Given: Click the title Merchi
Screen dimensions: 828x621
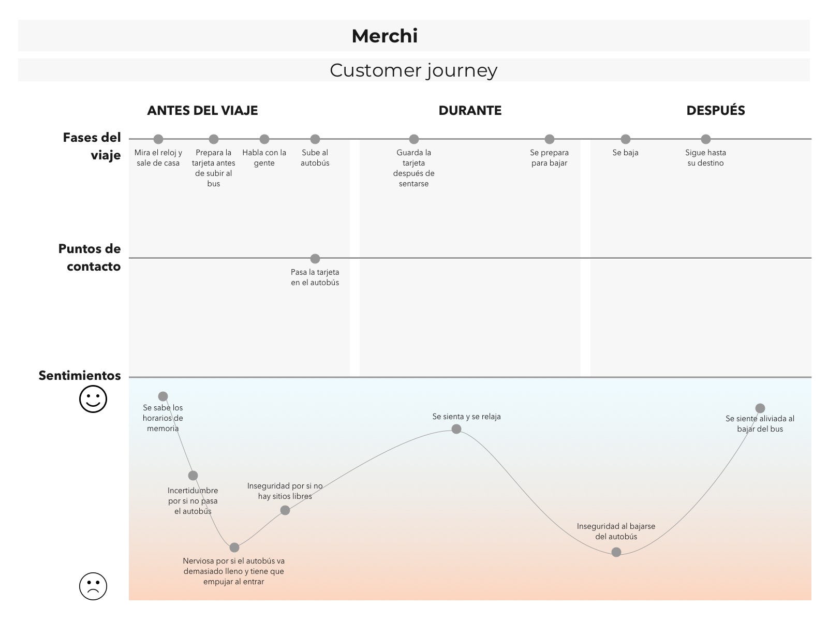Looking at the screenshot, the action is pos(385,36).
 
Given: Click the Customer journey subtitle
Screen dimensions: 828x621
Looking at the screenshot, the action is pos(413,70).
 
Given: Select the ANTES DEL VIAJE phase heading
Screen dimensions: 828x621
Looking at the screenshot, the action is pos(202,110).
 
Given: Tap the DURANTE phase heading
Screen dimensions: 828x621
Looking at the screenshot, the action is pos(470,110).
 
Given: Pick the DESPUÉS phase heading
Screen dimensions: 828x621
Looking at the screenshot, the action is pos(716,110).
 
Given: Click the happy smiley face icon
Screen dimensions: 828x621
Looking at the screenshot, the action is pos(93,399).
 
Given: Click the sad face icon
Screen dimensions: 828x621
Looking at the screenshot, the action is pos(93,586).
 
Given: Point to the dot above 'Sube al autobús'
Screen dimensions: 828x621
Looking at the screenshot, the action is pos(315,139).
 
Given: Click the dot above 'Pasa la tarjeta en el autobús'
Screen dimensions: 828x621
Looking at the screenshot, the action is pos(315,259).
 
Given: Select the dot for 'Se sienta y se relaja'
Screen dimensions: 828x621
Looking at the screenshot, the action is pos(456,429).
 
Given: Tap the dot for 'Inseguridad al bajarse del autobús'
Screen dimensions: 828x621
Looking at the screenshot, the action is pos(616,552).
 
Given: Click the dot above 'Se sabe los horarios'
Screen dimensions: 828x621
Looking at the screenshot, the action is pos(163,396).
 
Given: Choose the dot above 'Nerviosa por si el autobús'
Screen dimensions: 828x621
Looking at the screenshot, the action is pos(234,548).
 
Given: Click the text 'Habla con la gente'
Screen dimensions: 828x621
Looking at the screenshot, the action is pos(264,158).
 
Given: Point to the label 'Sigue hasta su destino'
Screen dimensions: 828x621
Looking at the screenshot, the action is pos(705,158).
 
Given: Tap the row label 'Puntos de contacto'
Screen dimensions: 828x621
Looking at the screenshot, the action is pos(90,257).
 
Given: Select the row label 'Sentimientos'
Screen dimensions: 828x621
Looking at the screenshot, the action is pos(80,376).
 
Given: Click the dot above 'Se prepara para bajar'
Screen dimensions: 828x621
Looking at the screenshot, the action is pos(550,139).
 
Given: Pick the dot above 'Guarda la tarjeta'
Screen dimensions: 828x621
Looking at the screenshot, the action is pos(414,139).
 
